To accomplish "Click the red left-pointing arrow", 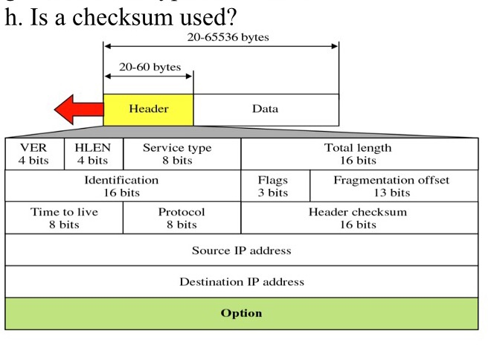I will [x=77, y=110].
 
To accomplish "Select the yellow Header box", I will [x=148, y=109].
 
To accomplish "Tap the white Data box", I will [x=265, y=109].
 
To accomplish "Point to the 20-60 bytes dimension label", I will [x=150, y=67].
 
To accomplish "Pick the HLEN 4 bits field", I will [x=93, y=154].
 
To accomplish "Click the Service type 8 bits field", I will [x=181, y=154].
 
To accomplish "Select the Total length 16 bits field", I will [x=359, y=154].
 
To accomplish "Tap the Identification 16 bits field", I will [x=122, y=186].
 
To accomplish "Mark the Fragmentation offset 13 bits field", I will [x=392, y=186].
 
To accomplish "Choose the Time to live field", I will [x=64, y=218].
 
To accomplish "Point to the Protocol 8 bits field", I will [x=181, y=218].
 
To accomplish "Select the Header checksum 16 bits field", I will [x=359, y=218].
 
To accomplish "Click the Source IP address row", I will [x=241, y=251].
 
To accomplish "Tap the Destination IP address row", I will [x=241, y=282].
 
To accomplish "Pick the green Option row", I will [x=241, y=313].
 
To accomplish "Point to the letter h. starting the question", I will [x=13, y=16].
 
